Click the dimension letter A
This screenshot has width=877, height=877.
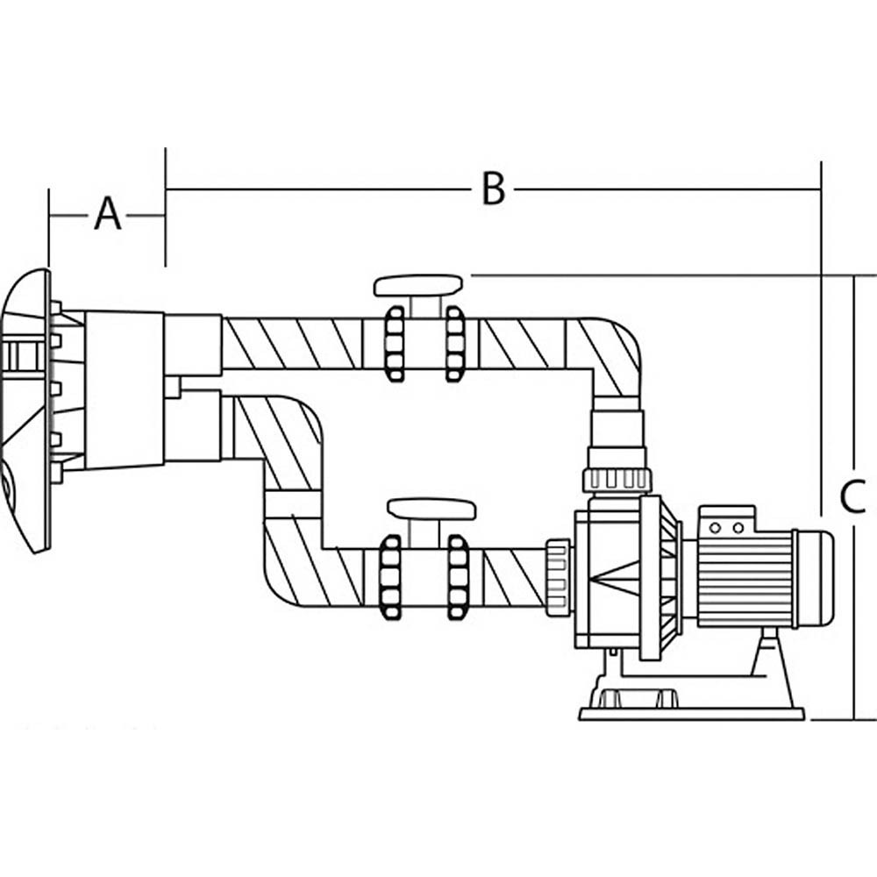[107, 214]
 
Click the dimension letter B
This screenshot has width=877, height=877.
[494, 189]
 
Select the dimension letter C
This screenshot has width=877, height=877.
[852, 497]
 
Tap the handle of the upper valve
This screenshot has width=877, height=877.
[418, 285]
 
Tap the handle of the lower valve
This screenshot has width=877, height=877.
[431, 509]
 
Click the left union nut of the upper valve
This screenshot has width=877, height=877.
[395, 343]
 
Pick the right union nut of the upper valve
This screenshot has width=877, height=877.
[454, 343]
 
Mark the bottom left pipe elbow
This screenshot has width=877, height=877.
[289, 570]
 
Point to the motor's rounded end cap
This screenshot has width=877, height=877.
[815, 579]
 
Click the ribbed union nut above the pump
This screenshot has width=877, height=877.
[617, 480]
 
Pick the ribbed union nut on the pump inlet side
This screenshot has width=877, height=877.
[557, 576]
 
